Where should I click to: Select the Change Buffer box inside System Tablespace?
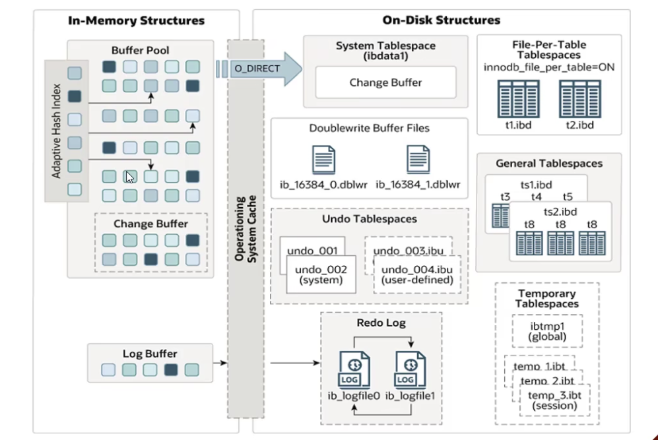385,82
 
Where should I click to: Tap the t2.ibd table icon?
580,98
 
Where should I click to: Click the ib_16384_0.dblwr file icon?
323,160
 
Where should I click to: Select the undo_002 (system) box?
321,274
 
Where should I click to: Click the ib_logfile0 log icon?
354,370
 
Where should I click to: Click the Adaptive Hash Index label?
57,130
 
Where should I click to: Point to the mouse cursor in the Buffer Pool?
130,177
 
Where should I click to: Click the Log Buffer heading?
150,354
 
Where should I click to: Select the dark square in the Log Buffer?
171,370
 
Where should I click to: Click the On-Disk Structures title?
442,20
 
